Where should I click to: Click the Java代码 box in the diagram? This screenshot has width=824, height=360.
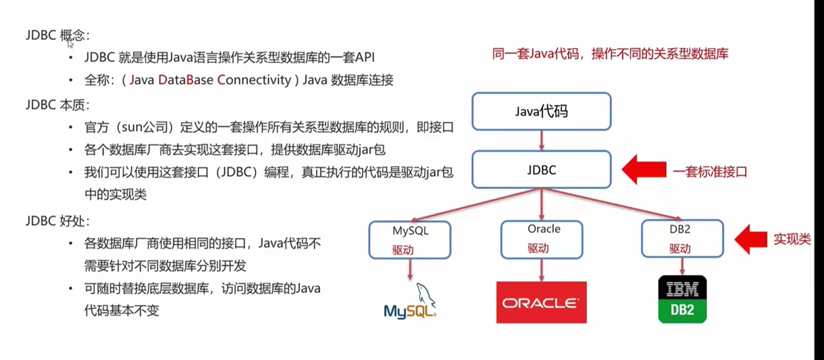pyautogui.click(x=541, y=111)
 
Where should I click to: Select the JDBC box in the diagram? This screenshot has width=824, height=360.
pyautogui.click(x=541, y=170)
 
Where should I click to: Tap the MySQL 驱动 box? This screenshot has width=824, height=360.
pyautogui.click(x=410, y=240)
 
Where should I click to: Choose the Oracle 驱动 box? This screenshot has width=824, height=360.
pyautogui.click(x=541, y=240)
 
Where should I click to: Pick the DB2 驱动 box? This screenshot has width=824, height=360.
pyautogui.click(x=682, y=239)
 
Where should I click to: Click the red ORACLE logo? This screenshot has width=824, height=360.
pyautogui.click(x=541, y=302)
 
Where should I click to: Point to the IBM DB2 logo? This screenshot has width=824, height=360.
pyautogui.click(x=682, y=299)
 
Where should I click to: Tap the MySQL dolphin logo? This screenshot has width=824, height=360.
pyautogui.click(x=410, y=301)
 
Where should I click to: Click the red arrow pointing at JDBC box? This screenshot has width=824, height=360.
pyautogui.click(x=644, y=170)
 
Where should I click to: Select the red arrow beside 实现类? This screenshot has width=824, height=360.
pyautogui.click(x=751, y=239)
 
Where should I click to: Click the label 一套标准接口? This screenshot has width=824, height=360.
pyautogui.click(x=710, y=172)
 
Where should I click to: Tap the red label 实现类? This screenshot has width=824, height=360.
pyautogui.click(x=792, y=239)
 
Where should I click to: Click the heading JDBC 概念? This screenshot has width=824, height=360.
pyautogui.click(x=58, y=35)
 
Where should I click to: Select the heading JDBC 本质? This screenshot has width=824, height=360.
pyautogui.click(x=58, y=105)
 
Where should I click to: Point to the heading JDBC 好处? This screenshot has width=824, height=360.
pyautogui.click(x=58, y=221)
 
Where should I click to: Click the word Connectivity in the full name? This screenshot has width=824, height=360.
pyautogui.click(x=254, y=80)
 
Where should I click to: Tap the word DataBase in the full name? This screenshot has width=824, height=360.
pyautogui.click(x=186, y=80)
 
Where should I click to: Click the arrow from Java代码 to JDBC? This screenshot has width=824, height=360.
pyautogui.click(x=541, y=140)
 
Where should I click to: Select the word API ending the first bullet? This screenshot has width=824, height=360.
pyautogui.click(x=365, y=57)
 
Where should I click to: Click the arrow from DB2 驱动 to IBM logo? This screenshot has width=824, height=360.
pyautogui.click(x=682, y=266)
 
